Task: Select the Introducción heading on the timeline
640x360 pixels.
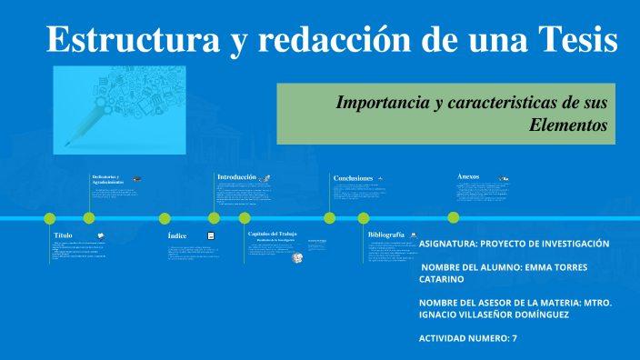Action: pos(236,176)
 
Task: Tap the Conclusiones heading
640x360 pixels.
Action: pos(353,178)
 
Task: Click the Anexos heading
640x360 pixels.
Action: pos(468,176)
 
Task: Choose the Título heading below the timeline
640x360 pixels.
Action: pos(64,235)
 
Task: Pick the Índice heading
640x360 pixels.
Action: pos(177,235)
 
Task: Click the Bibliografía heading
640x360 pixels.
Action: pos(385,235)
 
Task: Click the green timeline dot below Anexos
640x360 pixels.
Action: pos(453,217)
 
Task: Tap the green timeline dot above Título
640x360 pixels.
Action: pos(50,218)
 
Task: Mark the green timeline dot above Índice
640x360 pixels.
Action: pos(165,218)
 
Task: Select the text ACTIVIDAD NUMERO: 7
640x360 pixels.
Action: pos(467,338)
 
